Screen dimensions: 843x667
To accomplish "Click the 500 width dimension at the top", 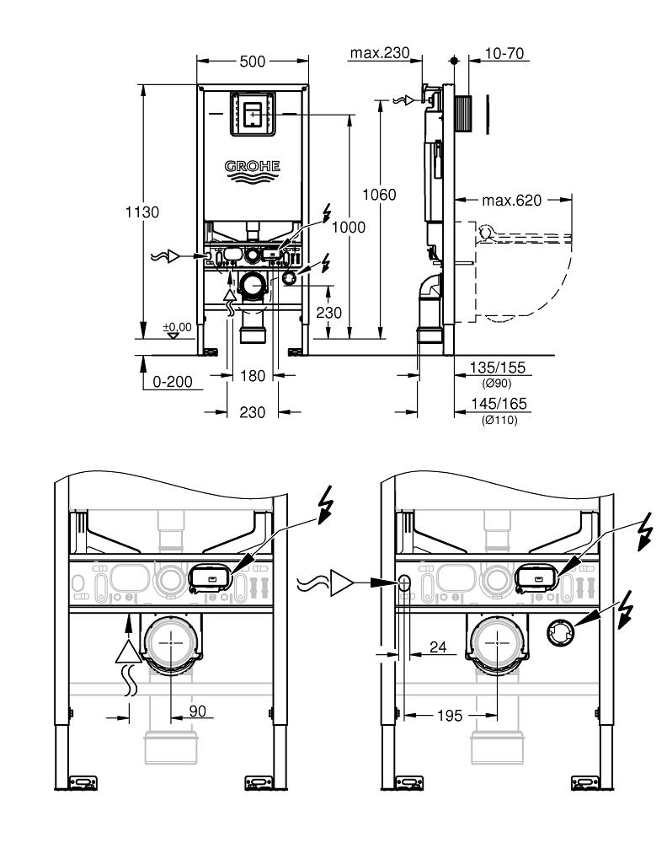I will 253,62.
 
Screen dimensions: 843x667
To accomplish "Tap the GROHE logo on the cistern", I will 252,167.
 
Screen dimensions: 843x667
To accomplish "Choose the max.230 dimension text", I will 379,54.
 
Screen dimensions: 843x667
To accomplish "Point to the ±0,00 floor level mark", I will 178,326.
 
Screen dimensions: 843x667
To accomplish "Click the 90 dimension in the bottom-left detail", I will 196,711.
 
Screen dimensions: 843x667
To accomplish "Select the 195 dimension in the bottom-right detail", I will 450,715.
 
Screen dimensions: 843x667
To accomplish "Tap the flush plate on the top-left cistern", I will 252,113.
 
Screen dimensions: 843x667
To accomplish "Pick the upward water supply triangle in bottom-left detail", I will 127,651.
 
